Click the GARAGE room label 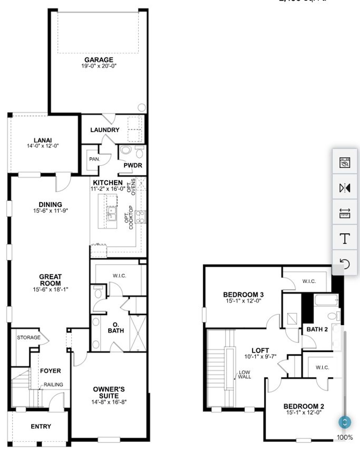pyautogui.click(x=99, y=60)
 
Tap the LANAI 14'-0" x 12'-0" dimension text pyautogui.click(x=43, y=146)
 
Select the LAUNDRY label pyautogui.click(x=105, y=130)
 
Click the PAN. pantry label pyautogui.click(x=94, y=159)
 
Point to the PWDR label pyautogui.click(x=133, y=165)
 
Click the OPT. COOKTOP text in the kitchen pyautogui.click(x=129, y=218)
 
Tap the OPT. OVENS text pyautogui.click(x=131, y=186)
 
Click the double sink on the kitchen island pyautogui.click(x=112, y=213)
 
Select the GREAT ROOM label pyautogui.click(x=50, y=280)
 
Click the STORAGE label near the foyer pyautogui.click(x=29, y=337)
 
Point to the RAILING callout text pyautogui.click(x=53, y=385)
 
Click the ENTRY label pyautogui.click(x=41, y=427)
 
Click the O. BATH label pyautogui.click(x=116, y=328)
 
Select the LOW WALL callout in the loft pyautogui.click(x=244, y=374)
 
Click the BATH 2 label pyautogui.click(x=317, y=329)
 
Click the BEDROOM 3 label pyautogui.click(x=243, y=295)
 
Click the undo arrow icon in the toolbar pyautogui.click(x=345, y=264)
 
